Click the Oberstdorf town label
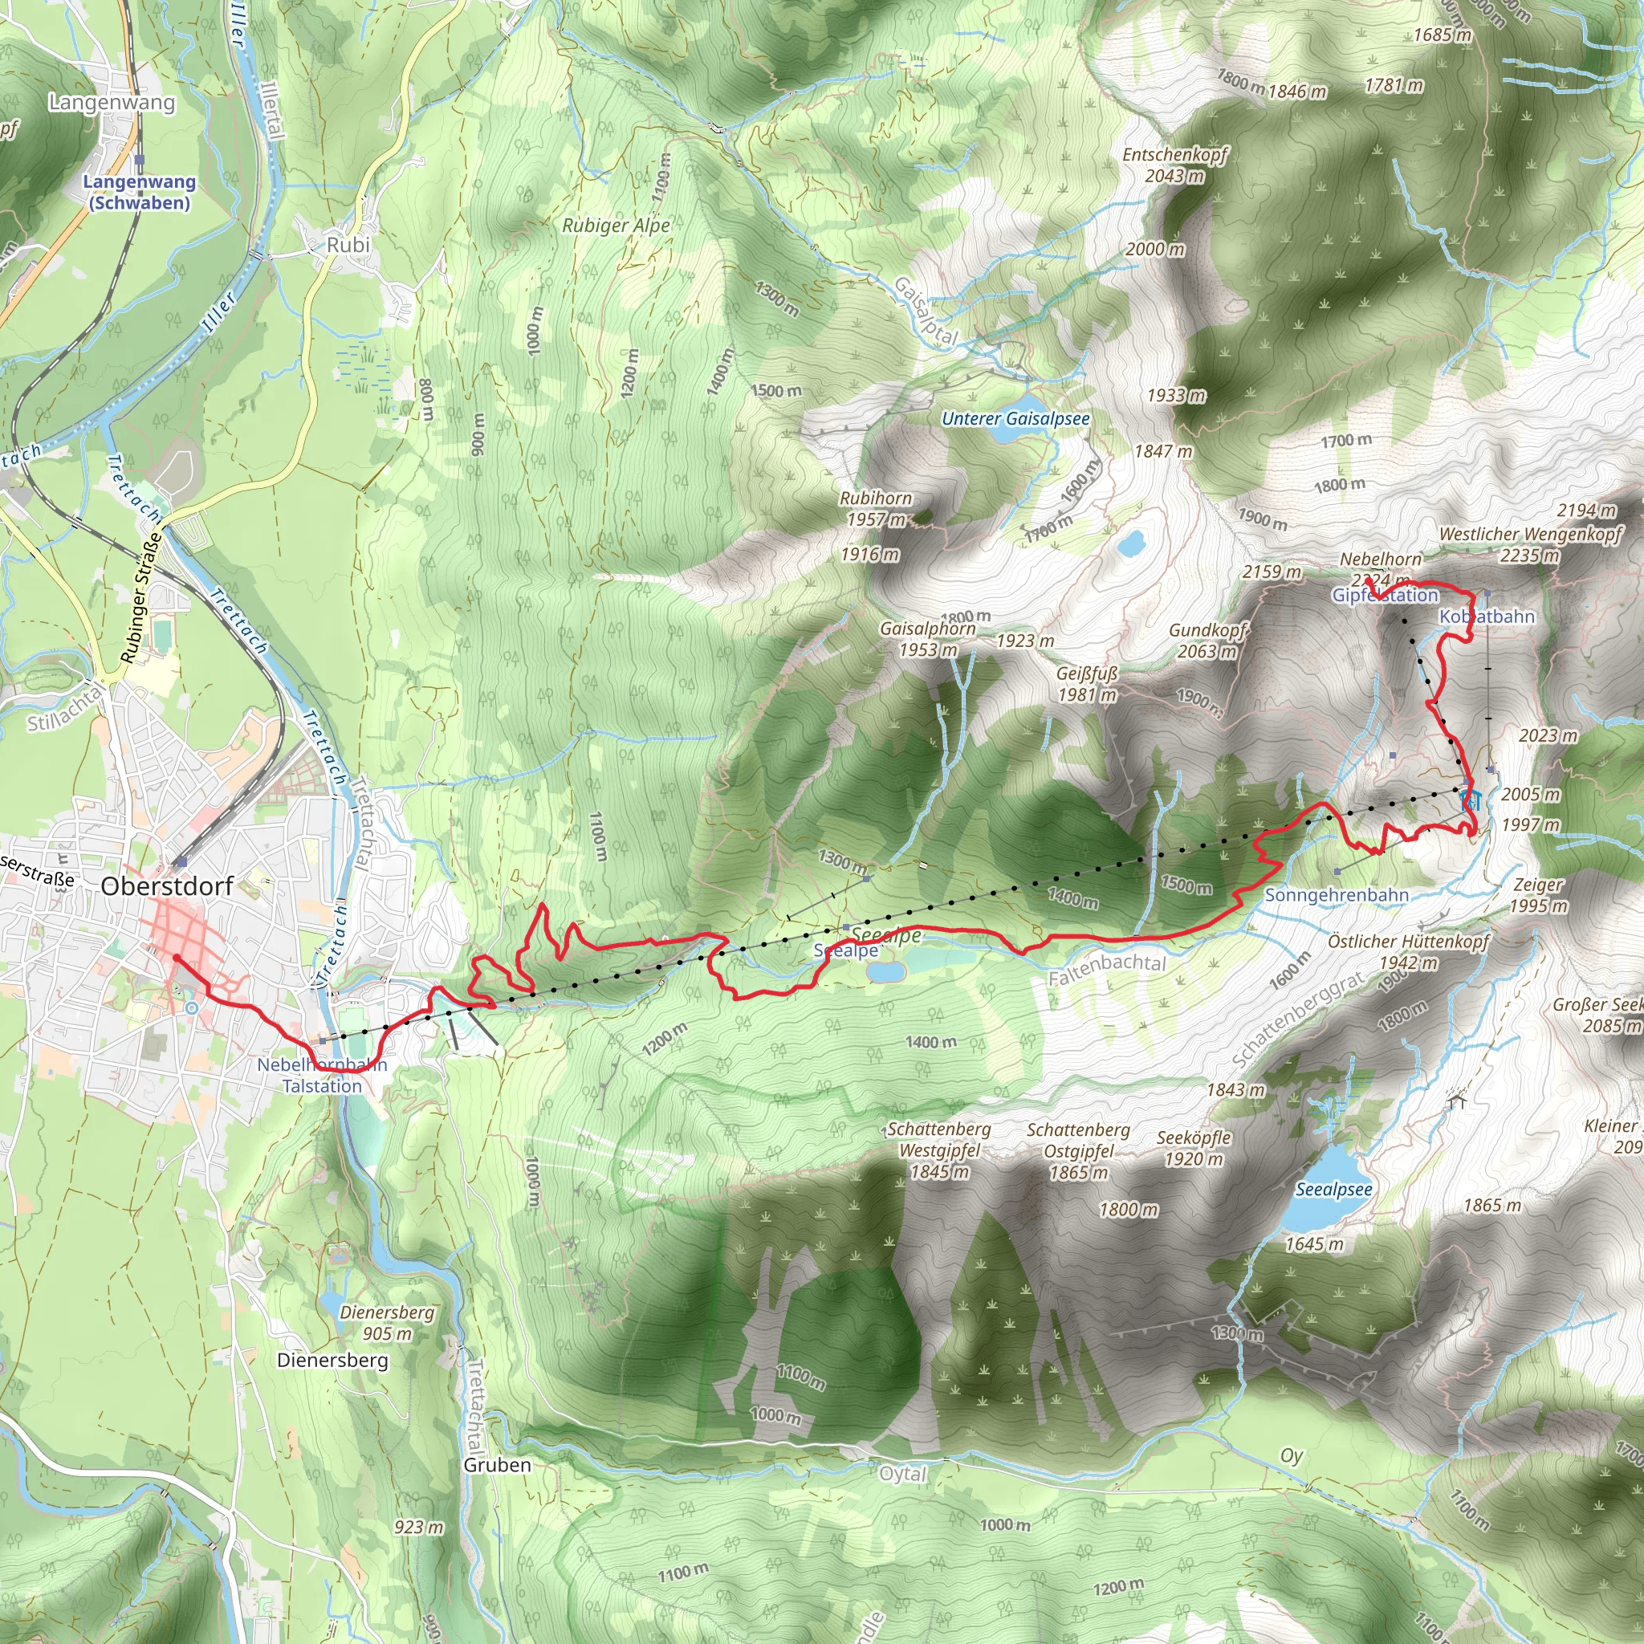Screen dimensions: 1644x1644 [x=167, y=886]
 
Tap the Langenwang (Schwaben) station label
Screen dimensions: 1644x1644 [x=140, y=193]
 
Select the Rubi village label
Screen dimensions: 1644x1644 [x=348, y=245]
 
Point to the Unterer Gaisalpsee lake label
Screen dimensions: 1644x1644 [x=1015, y=419]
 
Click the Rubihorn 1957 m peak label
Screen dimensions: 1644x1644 [x=876, y=509]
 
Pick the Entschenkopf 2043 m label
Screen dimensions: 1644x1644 [x=1175, y=165]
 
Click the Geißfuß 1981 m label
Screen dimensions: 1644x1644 [x=1087, y=684]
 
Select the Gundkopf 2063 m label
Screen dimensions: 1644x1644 [x=1207, y=641]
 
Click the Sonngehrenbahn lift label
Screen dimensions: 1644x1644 [x=1336, y=895]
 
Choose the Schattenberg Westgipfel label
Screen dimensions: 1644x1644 [x=939, y=1150]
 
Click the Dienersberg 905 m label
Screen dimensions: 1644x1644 [x=387, y=1323]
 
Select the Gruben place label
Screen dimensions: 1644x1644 [x=497, y=1465]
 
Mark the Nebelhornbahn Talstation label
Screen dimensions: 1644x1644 [x=323, y=1076]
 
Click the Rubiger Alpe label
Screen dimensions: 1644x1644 [x=616, y=226]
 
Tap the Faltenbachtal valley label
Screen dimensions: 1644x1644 [x=1107, y=968]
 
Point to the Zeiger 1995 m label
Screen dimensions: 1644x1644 [x=1539, y=895]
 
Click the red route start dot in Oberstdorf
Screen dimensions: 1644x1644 [x=176, y=958]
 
